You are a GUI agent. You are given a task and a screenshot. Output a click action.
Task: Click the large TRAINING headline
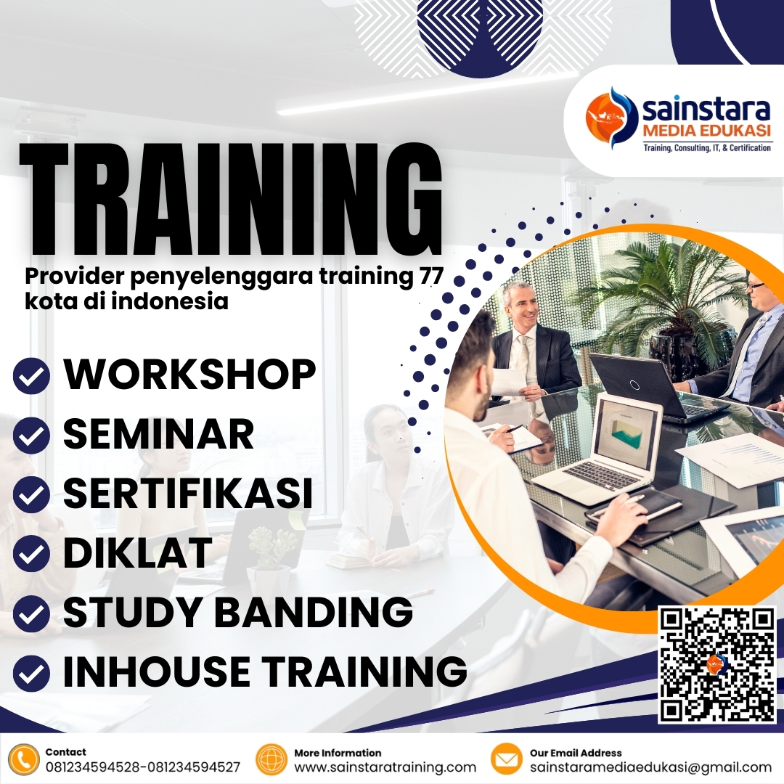click(231, 200)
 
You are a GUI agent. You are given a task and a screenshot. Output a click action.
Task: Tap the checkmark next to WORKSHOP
click(32, 375)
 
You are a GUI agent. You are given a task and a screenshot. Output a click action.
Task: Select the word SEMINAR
click(158, 433)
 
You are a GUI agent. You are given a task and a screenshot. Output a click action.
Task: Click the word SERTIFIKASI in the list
click(188, 493)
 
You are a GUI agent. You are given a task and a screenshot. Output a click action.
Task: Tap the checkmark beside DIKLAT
click(32, 554)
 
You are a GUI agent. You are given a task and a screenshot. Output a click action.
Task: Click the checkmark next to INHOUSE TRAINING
click(32, 673)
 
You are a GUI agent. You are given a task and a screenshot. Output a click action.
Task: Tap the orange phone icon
click(23, 760)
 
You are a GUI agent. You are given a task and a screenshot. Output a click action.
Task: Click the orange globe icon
click(272, 760)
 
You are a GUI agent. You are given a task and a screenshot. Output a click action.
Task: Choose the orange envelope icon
click(507, 760)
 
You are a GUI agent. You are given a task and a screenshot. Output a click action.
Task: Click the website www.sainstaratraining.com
click(385, 767)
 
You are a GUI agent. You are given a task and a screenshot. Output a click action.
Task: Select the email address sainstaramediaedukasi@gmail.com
click(650, 767)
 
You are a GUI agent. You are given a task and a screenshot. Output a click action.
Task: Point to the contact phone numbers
click(143, 767)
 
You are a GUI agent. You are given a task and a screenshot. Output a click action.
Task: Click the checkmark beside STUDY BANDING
click(32, 613)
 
